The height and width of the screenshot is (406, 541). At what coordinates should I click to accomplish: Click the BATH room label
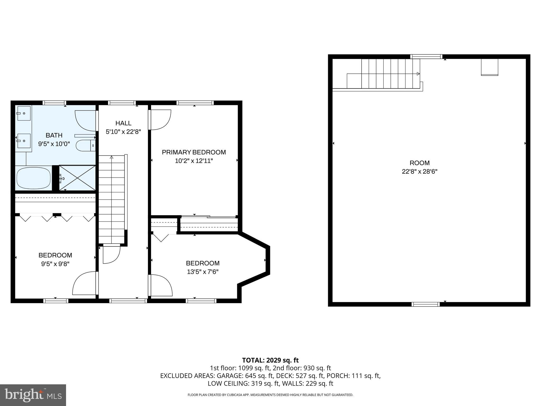coord(54,135)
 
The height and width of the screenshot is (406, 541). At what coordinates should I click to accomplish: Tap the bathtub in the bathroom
coord(34,178)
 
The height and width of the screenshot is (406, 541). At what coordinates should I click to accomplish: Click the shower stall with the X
coord(77,178)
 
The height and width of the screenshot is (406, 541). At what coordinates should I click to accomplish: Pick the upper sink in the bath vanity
coord(24,113)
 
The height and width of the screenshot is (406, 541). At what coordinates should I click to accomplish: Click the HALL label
coord(123,123)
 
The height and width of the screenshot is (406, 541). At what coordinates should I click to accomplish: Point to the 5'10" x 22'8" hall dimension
coord(123,132)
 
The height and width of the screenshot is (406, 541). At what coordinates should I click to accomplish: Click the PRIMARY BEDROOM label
coord(194,152)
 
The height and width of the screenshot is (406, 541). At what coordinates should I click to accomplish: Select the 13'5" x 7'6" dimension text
coord(203,272)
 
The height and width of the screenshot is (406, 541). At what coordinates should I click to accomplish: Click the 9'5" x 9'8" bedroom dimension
coord(55,264)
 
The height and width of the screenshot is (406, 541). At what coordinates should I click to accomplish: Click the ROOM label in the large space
coord(419,163)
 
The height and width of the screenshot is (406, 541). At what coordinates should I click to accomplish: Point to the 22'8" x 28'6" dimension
coord(419,171)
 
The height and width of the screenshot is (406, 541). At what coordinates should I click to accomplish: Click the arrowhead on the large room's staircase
coord(418,74)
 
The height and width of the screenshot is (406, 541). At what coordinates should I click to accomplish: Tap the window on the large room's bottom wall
coord(426,304)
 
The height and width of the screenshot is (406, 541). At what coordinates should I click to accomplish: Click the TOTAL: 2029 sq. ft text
coord(270,360)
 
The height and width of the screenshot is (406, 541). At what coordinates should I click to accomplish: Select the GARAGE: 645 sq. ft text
coord(245,376)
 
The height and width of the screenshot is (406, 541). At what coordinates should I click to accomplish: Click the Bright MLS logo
coord(33,395)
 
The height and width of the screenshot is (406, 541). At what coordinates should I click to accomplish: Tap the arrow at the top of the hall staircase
coord(111,157)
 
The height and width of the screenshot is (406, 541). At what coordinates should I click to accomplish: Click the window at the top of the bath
coord(54,103)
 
